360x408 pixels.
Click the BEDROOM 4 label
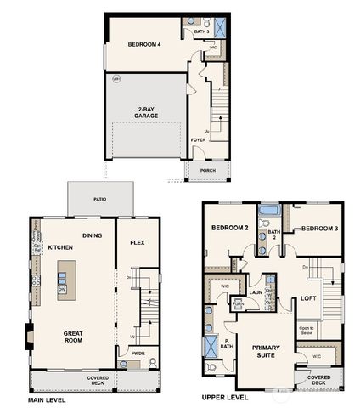(145, 43)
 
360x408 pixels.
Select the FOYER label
(198, 139)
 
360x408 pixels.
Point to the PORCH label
(207, 169)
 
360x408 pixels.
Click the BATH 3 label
(200, 31)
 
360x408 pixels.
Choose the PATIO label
(100, 200)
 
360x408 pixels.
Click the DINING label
(93, 235)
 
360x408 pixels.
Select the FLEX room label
(137, 242)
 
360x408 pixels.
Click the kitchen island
(62, 280)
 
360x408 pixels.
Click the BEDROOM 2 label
(228, 229)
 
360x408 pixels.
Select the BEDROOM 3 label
(319, 229)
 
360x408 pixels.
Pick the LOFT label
(309, 298)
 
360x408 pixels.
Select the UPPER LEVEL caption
(225, 397)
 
